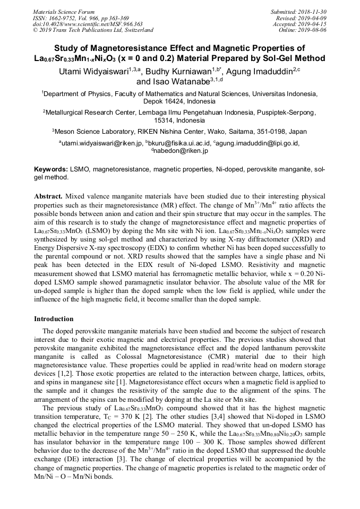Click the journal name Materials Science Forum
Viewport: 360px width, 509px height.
coord(64,12)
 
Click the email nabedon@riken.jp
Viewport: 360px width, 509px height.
coord(181,151)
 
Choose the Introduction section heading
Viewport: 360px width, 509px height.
coord(54,319)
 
